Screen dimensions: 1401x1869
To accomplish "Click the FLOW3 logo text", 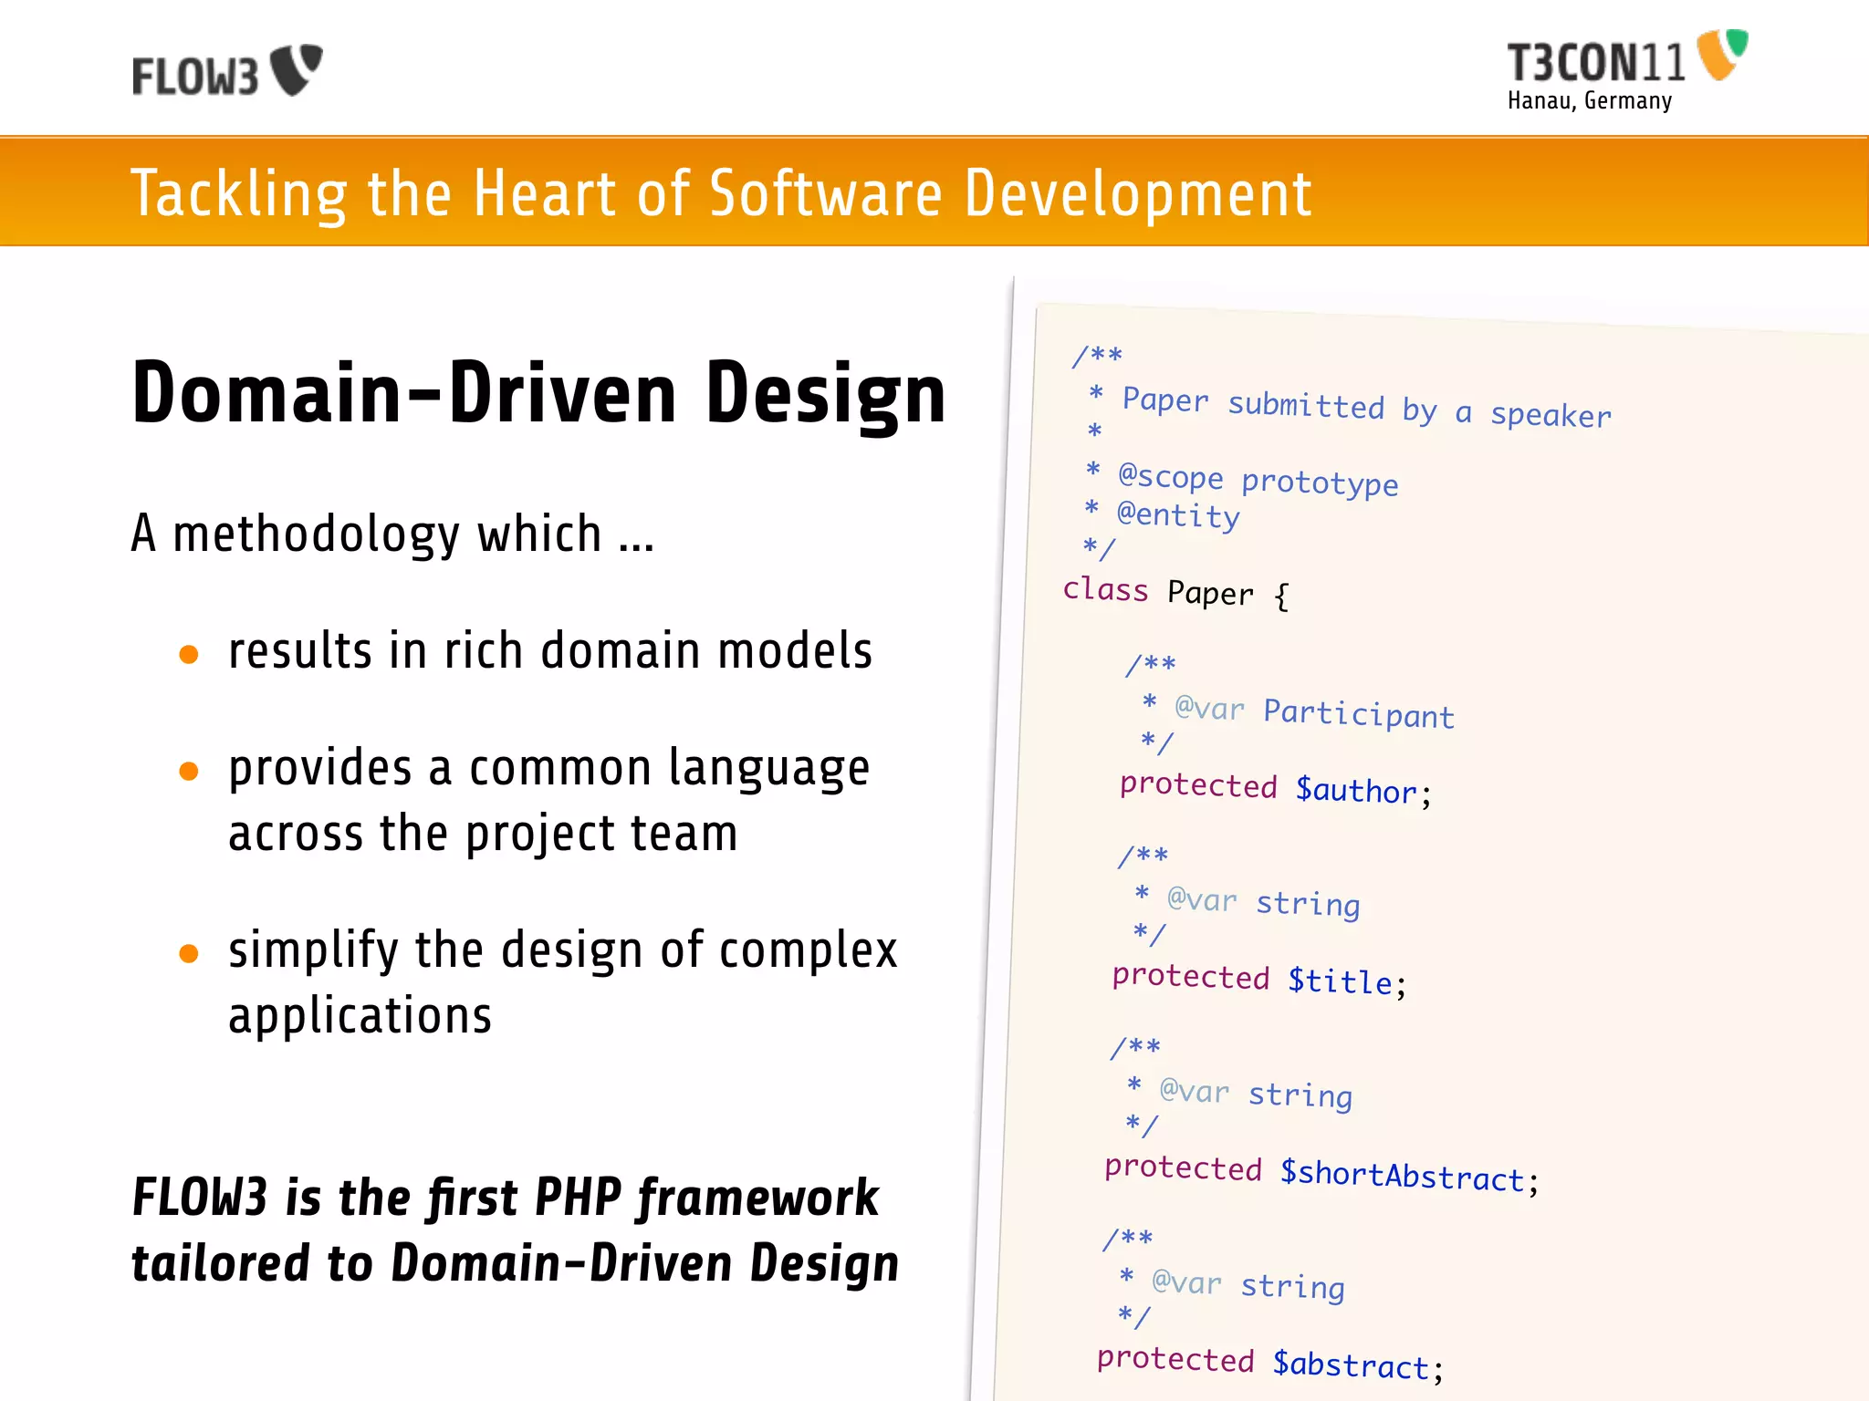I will click(195, 76).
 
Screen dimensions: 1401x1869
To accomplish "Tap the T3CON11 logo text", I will click(1595, 63).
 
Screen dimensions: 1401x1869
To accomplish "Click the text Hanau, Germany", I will click(1589, 100).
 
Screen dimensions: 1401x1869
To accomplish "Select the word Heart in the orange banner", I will click(544, 193).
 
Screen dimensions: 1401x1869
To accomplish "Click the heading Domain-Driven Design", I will click(538, 394).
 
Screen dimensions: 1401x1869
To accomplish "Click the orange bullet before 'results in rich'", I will click(189, 654).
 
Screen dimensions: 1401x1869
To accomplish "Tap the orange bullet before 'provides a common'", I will click(189, 772).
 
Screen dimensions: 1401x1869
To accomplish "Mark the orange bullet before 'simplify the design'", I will click(189, 954).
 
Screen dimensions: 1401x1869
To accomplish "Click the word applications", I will click(360, 1016).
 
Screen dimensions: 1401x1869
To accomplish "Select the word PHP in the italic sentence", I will click(578, 1197).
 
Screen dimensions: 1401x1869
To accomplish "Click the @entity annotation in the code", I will click(1178, 515).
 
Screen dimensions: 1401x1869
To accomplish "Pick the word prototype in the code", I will click(1320, 482).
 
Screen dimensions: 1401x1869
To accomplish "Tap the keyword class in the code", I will click(1105, 589).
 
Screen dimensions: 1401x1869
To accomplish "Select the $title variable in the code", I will click(1341, 981).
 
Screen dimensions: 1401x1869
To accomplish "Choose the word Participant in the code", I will click(1358, 714).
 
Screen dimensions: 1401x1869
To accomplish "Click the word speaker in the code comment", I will click(1551, 416).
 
